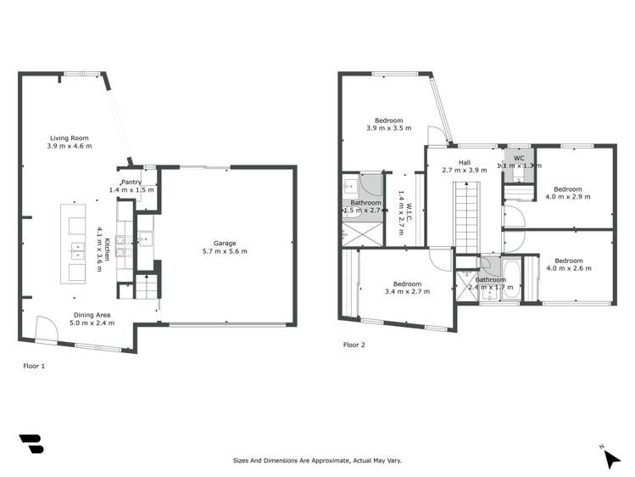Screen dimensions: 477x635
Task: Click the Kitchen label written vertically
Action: coord(104,247)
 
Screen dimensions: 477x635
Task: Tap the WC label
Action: coord(518,158)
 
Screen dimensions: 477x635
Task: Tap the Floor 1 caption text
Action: coord(34,366)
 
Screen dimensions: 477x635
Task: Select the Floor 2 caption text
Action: coord(354,345)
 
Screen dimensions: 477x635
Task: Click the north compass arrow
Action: coord(612,458)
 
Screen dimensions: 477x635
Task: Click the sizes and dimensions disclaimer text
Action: coord(317,460)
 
